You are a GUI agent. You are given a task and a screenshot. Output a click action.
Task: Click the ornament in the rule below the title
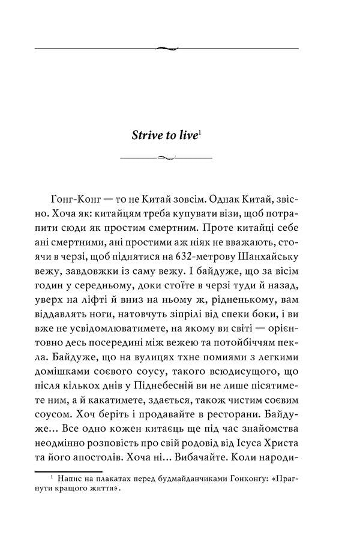coord(166,157)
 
